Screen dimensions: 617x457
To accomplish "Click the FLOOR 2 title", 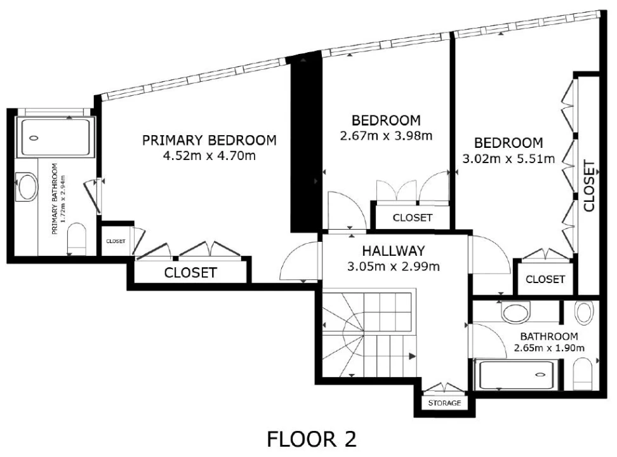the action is pyautogui.click(x=312, y=439).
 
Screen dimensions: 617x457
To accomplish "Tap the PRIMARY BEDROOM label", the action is pyautogui.click(x=209, y=140).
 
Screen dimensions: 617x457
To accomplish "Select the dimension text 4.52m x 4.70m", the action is pyautogui.click(x=209, y=156).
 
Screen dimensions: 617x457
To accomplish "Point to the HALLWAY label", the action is pyautogui.click(x=394, y=251).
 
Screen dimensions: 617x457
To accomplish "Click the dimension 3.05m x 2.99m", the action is pyautogui.click(x=394, y=267).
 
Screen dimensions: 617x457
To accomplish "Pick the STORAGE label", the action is pyautogui.click(x=444, y=402).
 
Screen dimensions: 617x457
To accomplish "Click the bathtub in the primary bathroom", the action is pyautogui.click(x=55, y=138).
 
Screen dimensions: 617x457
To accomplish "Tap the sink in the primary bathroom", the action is pyautogui.click(x=27, y=187).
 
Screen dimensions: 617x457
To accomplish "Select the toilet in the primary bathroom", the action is pyautogui.click(x=77, y=239).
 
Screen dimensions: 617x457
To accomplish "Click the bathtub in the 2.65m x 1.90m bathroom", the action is pyautogui.click(x=515, y=374).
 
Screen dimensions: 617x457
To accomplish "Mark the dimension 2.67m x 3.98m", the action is pyautogui.click(x=386, y=136).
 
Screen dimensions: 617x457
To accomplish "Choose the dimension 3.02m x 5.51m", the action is pyautogui.click(x=508, y=159).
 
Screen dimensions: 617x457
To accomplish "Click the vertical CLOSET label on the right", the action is pyautogui.click(x=589, y=185).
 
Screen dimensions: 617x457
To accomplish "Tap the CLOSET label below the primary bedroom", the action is pyautogui.click(x=190, y=272).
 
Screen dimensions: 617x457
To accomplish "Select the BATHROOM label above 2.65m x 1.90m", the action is pyautogui.click(x=549, y=336).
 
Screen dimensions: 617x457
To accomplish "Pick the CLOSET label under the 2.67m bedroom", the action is pyautogui.click(x=413, y=217).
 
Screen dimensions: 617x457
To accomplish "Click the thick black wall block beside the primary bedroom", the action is pyautogui.click(x=306, y=143).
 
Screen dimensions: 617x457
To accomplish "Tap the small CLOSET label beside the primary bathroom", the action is pyautogui.click(x=116, y=241).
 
